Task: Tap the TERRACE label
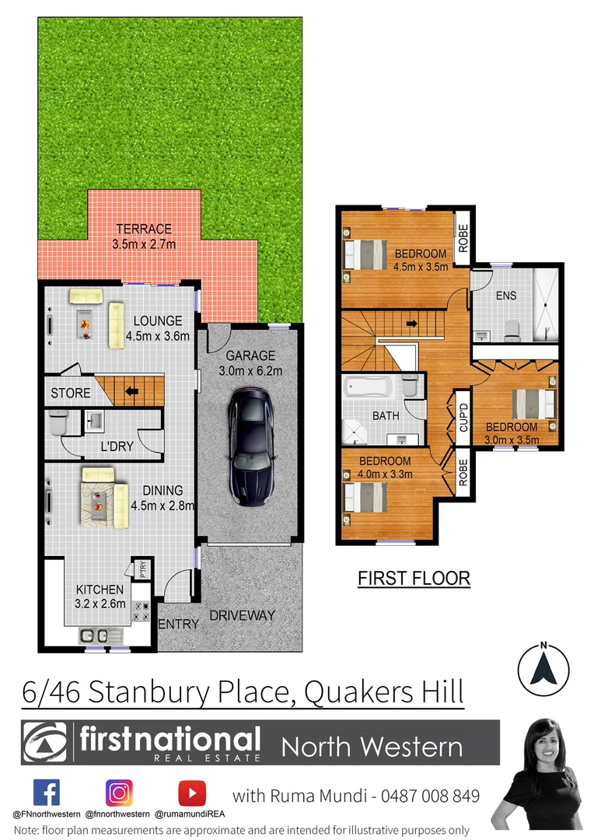pos(144,229)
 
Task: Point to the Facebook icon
pos(47,793)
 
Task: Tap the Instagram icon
pos(119,793)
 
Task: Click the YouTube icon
pos(191,793)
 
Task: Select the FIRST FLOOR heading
pos(414,578)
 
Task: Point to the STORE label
pos(71,393)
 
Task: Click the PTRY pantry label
pos(142,570)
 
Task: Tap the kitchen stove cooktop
pos(142,611)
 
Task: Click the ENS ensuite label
pos(506,296)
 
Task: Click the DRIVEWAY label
pos(243,615)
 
